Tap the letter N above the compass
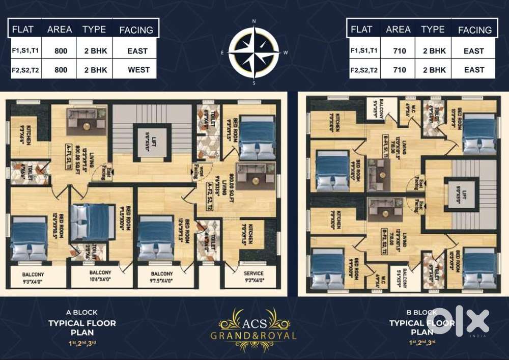254,21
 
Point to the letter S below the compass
254,82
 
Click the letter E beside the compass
222,52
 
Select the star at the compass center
254,51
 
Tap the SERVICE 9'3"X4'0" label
253,276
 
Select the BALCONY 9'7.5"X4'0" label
161,276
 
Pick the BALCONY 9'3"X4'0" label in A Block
34,276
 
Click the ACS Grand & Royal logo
254,324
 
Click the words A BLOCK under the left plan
82,312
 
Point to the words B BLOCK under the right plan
423,312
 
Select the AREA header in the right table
398,30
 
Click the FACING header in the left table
136,30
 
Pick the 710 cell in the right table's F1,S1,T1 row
398,51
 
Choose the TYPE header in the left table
94,29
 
